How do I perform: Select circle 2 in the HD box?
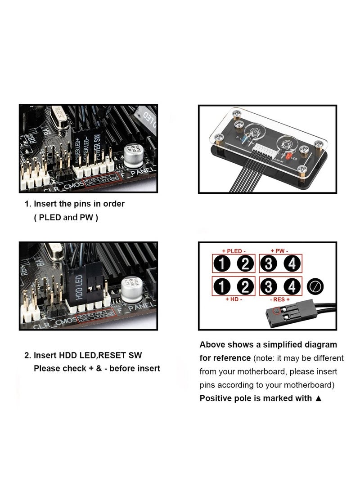point(245,286)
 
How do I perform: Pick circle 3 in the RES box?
point(269,286)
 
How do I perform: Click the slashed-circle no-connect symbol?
point(315,286)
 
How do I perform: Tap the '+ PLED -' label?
point(232,251)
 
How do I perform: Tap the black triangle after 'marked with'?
point(319,398)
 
